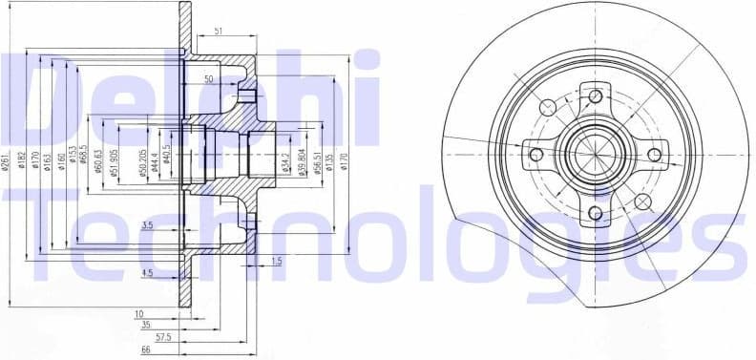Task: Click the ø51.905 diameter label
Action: pos(114,162)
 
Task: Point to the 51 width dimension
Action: pos(219,32)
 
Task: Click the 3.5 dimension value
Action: pos(146,225)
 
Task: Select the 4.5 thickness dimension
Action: pos(146,273)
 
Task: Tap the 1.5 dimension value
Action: pos(276,261)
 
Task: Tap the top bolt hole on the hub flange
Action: pos(596,95)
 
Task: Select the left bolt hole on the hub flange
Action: pos(535,154)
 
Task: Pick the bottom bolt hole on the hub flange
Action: pos(596,212)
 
